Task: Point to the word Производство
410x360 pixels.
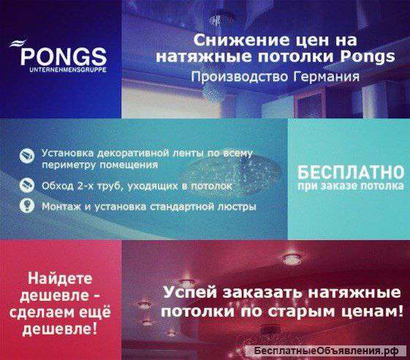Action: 232,77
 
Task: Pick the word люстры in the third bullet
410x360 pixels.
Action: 238,207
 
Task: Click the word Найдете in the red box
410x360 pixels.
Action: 59,278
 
